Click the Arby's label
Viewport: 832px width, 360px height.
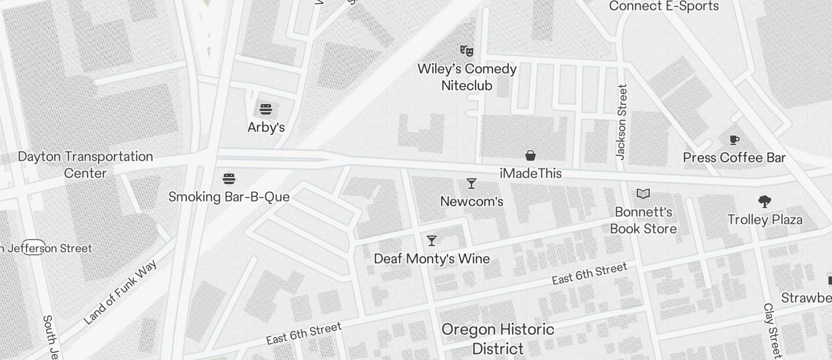pyautogui.click(x=266, y=127)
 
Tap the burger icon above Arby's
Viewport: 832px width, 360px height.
pyautogui.click(x=266, y=109)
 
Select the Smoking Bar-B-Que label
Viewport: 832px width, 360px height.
pyautogui.click(x=229, y=197)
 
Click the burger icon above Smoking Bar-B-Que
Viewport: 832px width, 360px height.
pyautogui.click(x=229, y=178)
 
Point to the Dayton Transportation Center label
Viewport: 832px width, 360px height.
pyautogui.click(x=85, y=165)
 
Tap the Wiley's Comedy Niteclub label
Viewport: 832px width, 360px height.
pyautogui.click(x=467, y=77)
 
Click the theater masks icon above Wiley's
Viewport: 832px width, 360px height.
pyautogui.click(x=466, y=51)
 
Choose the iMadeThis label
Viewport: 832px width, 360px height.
pyautogui.click(x=531, y=174)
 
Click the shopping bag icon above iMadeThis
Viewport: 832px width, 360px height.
pyautogui.click(x=531, y=155)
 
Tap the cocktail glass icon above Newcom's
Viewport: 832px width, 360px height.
pyautogui.click(x=472, y=184)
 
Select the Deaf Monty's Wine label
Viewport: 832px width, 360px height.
pyautogui.click(x=432, y=258)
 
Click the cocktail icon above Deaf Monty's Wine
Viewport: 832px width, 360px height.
pyautogui.click(x=432, y=240)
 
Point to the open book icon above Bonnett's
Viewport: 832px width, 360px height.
pyautogui.click(x=643, y=193)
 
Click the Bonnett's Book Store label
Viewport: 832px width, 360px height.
pyautogui.click(x=643, y=220)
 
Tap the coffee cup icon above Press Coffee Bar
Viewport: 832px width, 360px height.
pyautogui.click(x=734, y=140)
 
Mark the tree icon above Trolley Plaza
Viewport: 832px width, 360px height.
pyautogui.click(x=764, y=202)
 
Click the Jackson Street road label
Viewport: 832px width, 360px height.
pyautogui.click(x=622, y=122)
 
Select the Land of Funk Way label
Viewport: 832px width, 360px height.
pyautogui.click(x=120, y=293)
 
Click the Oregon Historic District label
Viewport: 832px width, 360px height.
pyautogui.click(x=498, y=339)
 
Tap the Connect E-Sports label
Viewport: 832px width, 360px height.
pyautogui.click(x=664, y=6)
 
